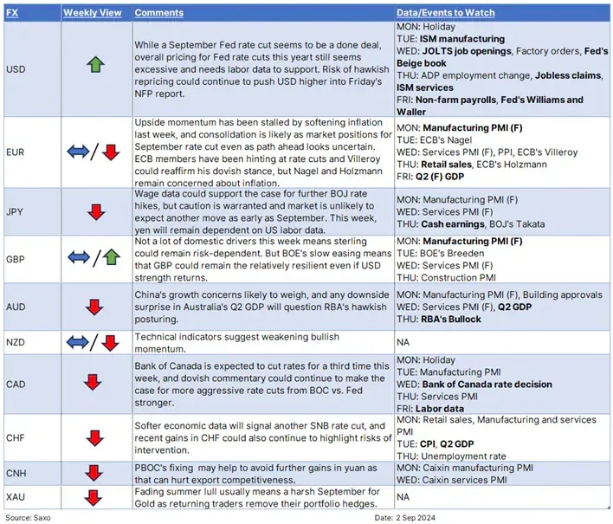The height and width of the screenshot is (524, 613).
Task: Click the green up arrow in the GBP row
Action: [110, 257]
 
